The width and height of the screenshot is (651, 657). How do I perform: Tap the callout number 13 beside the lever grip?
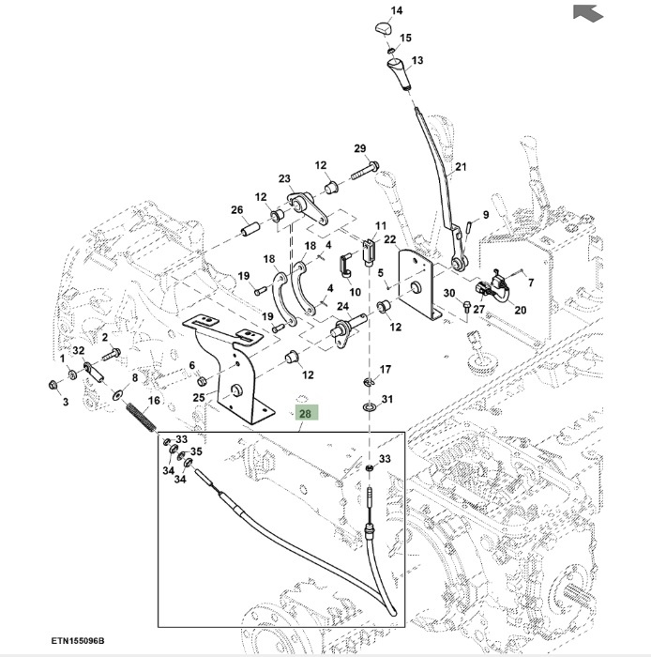tap(417, 59)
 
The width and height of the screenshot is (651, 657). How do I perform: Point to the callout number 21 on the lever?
tap(460, 169)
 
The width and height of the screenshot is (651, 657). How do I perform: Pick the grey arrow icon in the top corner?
tap(586, 13)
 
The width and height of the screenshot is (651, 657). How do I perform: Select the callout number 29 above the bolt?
tap(359, 149)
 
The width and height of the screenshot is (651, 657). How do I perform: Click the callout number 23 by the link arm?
tap(284, 179)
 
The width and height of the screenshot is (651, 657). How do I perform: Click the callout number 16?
tap(155, 400)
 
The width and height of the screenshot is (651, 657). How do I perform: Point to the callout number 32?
tap(79, 350)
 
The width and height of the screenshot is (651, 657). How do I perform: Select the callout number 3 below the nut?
tap(66, 402)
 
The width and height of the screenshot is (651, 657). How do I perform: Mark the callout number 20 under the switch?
tap(521, 311)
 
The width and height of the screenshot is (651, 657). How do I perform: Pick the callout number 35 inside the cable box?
tap(196, 451)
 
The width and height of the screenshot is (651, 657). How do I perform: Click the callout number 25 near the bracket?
tap(198, 398)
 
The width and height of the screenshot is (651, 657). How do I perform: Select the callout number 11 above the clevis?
tap(381, 226)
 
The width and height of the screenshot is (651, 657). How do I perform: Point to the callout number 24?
tap(342, 307)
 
